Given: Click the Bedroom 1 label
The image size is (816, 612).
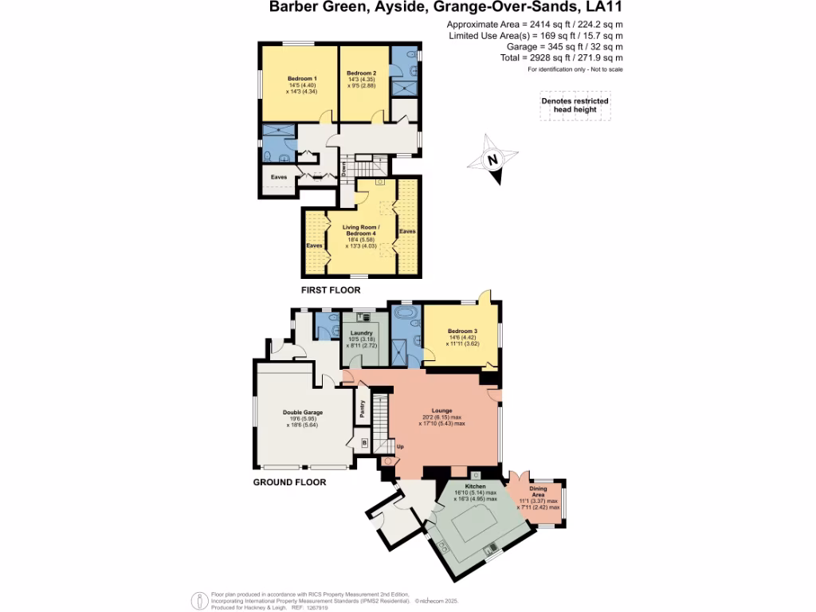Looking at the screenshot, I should (x=302, y=79).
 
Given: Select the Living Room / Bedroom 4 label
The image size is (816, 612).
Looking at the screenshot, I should (x=361, y=231).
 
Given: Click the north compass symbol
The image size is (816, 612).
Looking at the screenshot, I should (x=492, y=160).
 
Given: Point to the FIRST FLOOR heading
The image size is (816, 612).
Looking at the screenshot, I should (x=331, y=291).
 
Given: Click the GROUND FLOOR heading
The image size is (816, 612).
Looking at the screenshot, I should (x=289, y=483).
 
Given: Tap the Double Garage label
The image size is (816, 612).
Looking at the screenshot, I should (x=303, y=413).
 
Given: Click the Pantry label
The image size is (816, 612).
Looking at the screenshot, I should (x=363, y=408).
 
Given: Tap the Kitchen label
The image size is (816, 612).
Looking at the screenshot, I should (x=476, y=486).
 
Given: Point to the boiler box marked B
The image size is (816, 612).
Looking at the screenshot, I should (x=364, y=442).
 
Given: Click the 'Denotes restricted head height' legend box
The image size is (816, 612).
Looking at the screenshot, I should (x=575, y=106).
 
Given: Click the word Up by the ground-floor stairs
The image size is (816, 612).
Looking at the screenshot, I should (x=400, y=446).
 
